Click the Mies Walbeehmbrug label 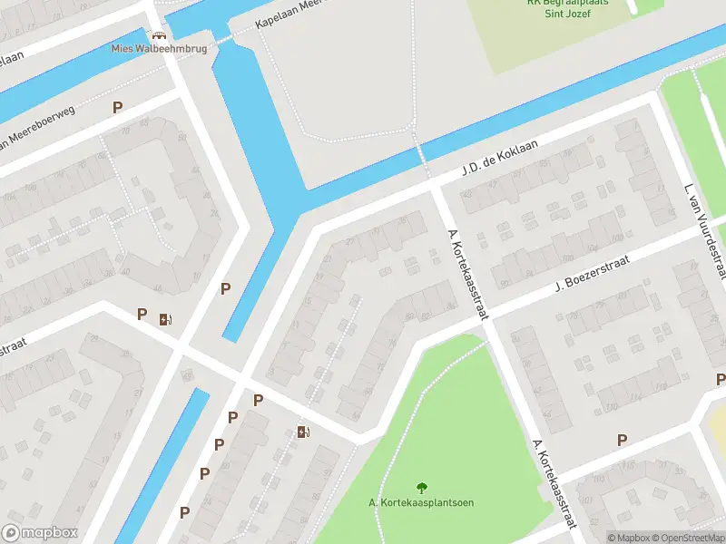[x=158, y=49]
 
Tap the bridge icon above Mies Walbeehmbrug [x=158, y=35]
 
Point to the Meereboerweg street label [x=40, y=126]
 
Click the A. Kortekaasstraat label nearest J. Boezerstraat [x=467, y=274]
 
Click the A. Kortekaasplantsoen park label [x=421, y=503]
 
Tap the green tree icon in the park [x=421, y=489]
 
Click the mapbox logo [x=40, y=533]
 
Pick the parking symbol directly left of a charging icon [x=142, y=315]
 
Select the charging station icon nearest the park [x=303, y=432]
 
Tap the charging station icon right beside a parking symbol [x=164, y=318]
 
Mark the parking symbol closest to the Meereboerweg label [x=117, y=108]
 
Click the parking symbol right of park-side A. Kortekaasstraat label [x=622, y=441]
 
